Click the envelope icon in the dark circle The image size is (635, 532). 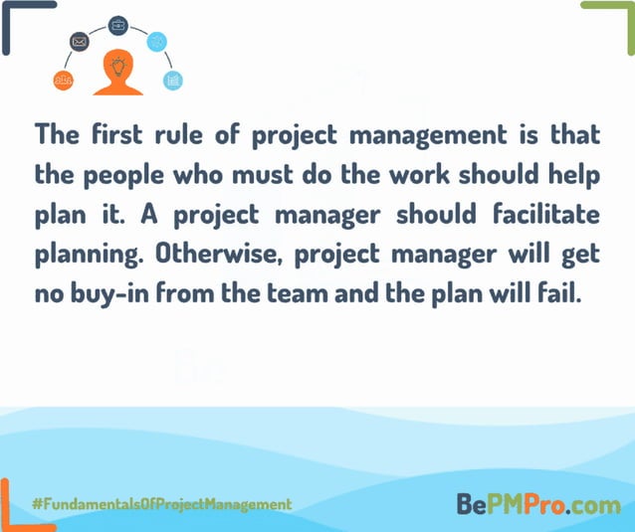click(80, 42)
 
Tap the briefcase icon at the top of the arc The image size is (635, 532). click(117, 24)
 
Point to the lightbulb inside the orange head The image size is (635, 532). click(117, 68)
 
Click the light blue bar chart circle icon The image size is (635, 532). click(173, 81)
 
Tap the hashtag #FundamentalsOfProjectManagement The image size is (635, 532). click(161, 505)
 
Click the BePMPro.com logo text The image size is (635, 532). click(537, 505)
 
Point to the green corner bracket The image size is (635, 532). click(613, 22)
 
